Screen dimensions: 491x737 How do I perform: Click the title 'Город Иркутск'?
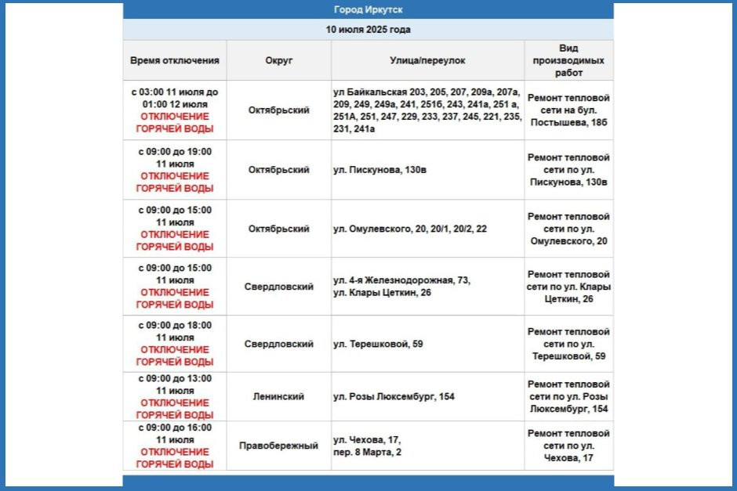pyautogui.click(x=368, y=10)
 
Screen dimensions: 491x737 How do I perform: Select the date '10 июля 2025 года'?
pyautogui.click(x=368, y=30)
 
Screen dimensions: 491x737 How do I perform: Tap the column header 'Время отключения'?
pyautogui.click(x=175, y=60)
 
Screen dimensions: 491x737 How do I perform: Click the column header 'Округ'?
pyautogui.click(x=278, y=60)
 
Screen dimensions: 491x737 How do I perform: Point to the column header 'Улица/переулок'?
pyautogui.click(x=427, y=60)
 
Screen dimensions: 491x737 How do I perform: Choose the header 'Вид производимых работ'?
pyautogui.click(x=568, y=60)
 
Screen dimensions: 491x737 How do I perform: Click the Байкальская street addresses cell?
pyautogui.click(x=427, y=110)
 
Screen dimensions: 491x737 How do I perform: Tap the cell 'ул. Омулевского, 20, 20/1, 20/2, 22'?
pyautogui.click(x=409, y=229)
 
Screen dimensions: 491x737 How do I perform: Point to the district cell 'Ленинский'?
pyautogui.click(x=278, y=397)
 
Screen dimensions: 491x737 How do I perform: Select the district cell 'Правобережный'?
pyautogui.click(x=278, y=446)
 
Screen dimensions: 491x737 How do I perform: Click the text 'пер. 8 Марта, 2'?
pyautogui.click(x=367, y=452)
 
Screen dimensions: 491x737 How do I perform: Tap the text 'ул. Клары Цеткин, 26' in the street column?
pyautogui.click(x=382, y=293)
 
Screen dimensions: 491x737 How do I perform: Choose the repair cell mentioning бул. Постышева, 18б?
pyautogui.click(x=568, y=110)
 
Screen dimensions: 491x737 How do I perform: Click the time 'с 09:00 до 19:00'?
pyautogui.click(x=175, y=151)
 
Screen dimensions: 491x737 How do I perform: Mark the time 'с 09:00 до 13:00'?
pyautogui.click(x=175, y=378)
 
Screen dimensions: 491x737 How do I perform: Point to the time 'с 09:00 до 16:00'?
pyautogui.click(x=175, y=427)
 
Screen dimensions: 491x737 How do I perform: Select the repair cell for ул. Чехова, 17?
pyautogui.click(x=568, y=446)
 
